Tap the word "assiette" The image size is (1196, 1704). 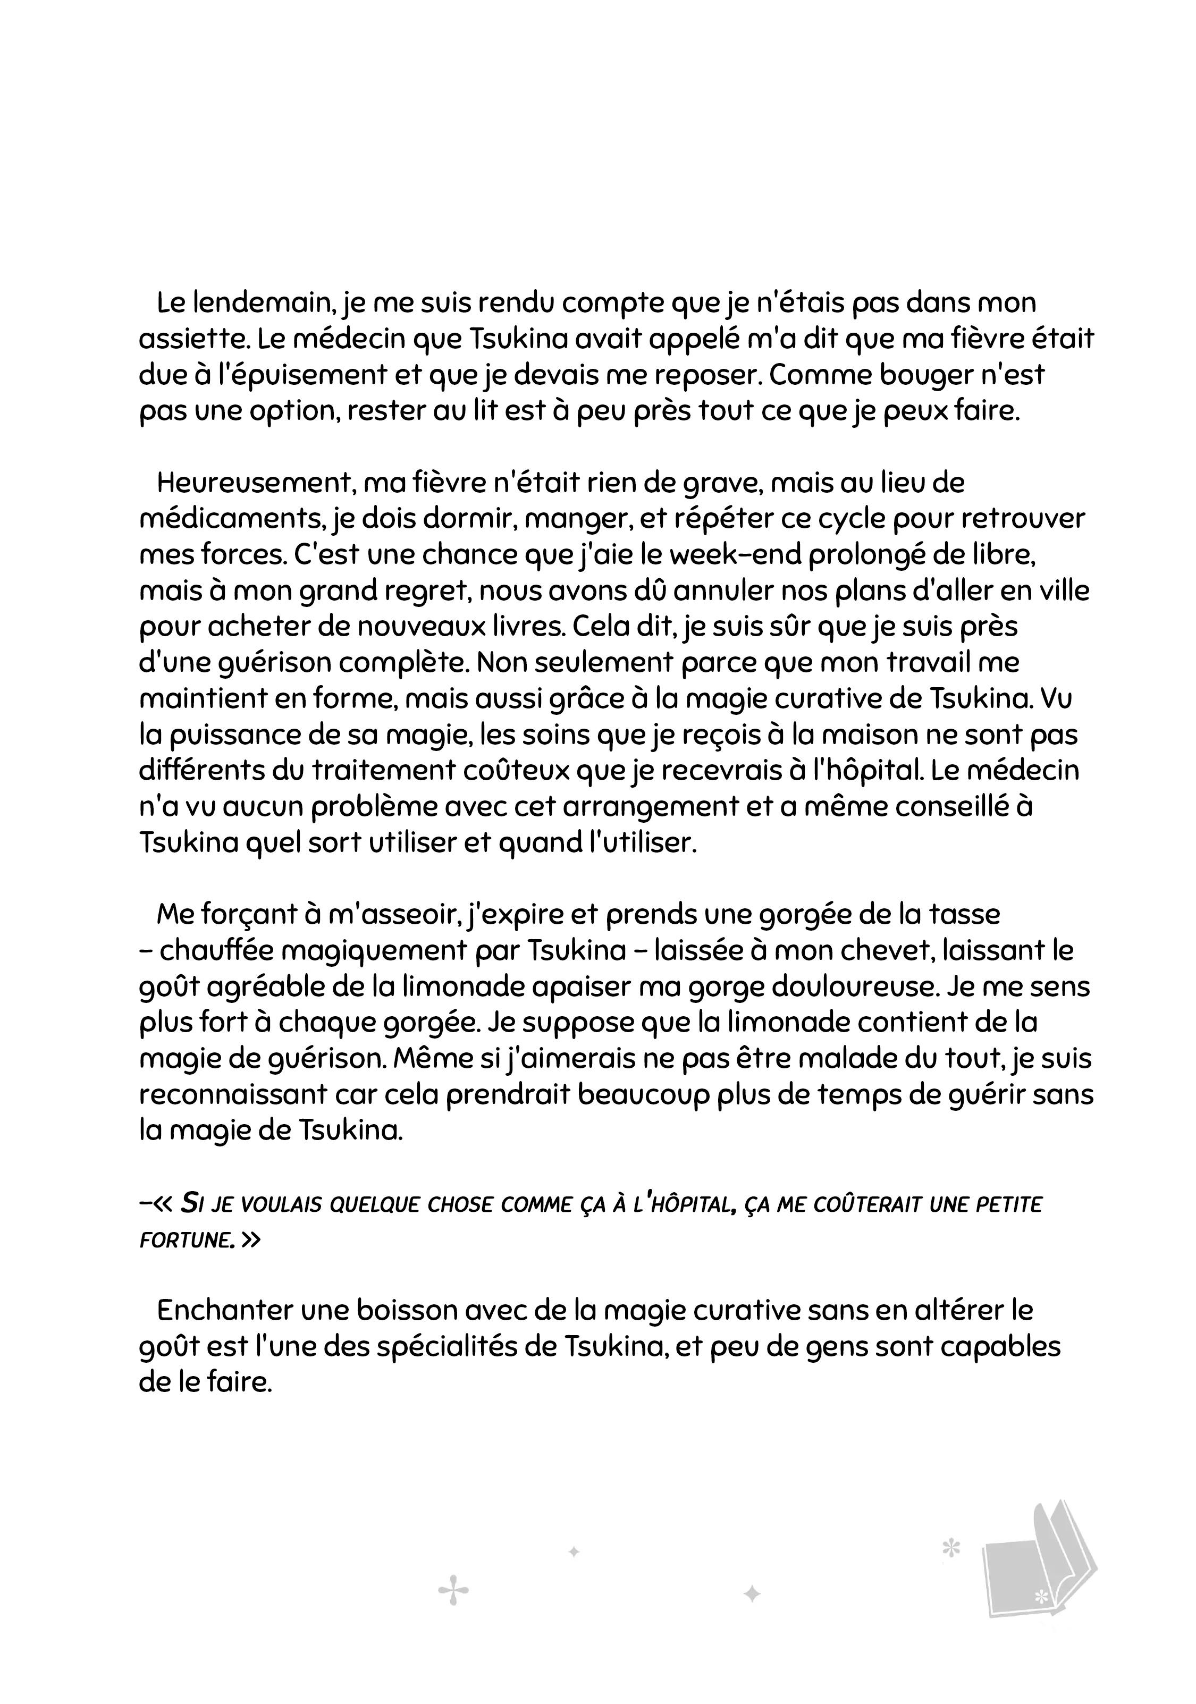click(183, 339)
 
